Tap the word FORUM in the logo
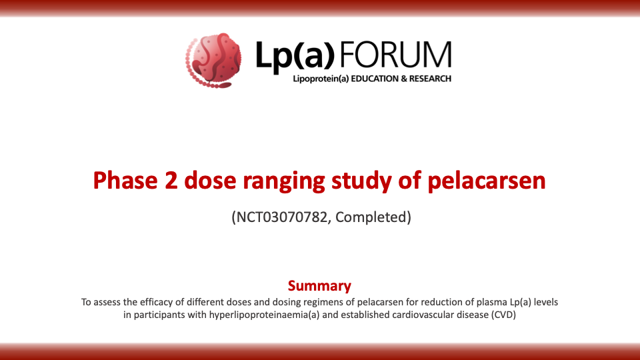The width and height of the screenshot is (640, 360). click(395, 54)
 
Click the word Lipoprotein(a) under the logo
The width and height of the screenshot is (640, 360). click(321, 79)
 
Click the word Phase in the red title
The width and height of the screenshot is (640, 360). click(125, 180)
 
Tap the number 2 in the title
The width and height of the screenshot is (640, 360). click(171, 181)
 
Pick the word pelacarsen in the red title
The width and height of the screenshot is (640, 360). click(487, 181)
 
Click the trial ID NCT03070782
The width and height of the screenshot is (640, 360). click(282, 217)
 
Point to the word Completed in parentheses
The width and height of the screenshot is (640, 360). click(371, 217)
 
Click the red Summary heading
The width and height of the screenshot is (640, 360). click(319, 286)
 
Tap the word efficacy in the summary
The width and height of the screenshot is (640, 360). click(156, 303)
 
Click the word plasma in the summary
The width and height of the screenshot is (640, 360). click(493, 303)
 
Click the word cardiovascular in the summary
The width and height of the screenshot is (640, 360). click(421, 315)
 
